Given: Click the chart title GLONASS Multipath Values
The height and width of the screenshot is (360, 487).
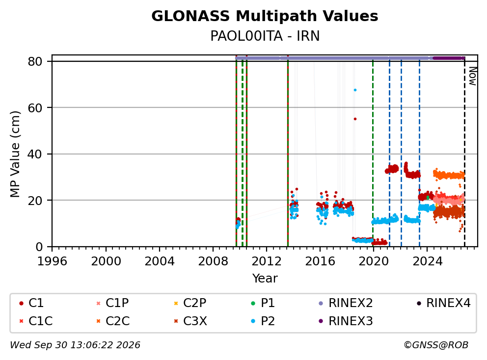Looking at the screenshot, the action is click(x=265, y=16).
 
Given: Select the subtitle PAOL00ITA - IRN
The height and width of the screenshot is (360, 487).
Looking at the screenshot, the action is click(x=265, y=36).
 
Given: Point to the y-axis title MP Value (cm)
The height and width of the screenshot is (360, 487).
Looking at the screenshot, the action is click(x=15, y=154).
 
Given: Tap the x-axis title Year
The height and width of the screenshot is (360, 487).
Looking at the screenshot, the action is click(x=265, y=278).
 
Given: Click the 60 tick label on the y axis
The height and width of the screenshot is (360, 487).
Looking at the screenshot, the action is click(x=35, y=108).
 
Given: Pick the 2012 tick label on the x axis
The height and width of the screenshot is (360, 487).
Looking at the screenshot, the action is click(x=266, y=261).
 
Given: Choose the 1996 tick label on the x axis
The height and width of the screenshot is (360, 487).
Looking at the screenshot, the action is click(x=52, y=261).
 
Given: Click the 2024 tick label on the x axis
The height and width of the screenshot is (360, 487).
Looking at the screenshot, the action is click(x=427, y=261).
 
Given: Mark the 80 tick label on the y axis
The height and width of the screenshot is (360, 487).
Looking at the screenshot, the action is click(x=35, y=61).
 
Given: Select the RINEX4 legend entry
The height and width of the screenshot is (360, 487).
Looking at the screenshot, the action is click(x=444, y=303).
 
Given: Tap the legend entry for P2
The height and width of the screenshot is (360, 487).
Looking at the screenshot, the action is click(x=263, y=321).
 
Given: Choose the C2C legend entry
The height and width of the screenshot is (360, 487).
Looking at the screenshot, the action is click(x=113, y=321).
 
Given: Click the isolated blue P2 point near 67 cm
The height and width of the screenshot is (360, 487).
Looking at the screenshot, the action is click(x=355, y=90).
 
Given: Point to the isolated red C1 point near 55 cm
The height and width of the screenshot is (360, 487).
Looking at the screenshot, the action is click(x=355, y=119).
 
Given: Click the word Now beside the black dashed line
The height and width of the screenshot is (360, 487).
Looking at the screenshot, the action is click(x=472, y=77).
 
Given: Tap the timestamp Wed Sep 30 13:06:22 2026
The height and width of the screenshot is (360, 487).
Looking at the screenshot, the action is click(x=75, y=345).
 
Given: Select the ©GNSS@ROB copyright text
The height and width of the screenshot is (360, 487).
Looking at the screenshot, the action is click(x=436, y=345).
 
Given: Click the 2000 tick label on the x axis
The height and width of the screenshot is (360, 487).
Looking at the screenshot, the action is click(x=106, y=261).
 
